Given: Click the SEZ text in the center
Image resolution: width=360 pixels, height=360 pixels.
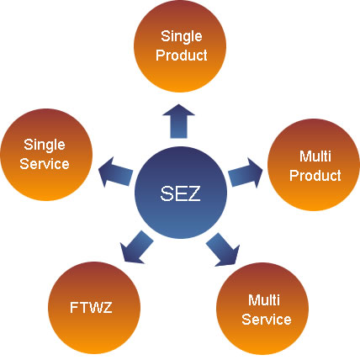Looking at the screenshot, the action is point(180,193).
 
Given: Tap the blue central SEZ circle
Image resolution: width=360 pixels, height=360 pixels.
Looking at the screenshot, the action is point(181,193).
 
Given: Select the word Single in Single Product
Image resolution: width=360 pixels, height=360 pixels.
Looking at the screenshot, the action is point(182,37).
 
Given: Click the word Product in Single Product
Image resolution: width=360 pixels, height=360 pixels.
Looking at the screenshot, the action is point(182,55).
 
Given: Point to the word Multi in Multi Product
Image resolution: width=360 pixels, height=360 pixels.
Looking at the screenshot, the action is point(315,156).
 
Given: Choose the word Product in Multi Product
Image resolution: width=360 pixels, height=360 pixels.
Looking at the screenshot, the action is point(315,175).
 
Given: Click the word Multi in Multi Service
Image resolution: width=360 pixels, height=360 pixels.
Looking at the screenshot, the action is point(264,300).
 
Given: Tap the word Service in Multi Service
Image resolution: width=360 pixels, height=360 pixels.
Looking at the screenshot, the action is point(267,320).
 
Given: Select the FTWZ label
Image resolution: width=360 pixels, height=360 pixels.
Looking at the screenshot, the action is point(91,307).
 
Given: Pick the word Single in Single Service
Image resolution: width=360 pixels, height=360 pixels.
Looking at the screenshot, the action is point(45,146).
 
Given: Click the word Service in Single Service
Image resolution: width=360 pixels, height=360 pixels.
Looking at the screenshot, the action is point(45,164).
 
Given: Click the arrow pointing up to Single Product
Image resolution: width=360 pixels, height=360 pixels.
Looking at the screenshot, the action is point(178,121).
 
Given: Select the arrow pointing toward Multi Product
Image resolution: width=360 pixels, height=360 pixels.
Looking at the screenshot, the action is point(246,172).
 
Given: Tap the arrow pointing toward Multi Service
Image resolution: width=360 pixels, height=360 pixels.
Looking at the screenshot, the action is point(223,249).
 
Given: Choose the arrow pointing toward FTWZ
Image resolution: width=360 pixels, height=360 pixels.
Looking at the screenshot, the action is point(136,247).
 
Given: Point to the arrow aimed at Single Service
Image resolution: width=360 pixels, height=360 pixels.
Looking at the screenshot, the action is point(115,172).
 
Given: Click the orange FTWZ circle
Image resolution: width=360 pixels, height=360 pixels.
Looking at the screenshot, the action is point(94,308).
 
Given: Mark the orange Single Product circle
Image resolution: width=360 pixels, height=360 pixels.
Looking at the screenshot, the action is point(180,46).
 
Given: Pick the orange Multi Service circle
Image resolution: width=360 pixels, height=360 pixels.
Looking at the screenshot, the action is point(262,309).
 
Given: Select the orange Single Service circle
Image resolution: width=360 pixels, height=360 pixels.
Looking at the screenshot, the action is point(46,155).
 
